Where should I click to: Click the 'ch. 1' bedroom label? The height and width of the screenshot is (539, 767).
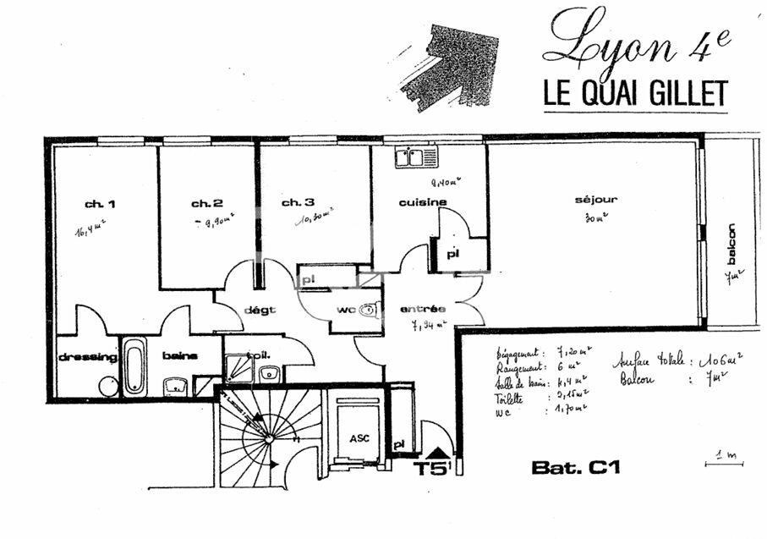pos(99,204)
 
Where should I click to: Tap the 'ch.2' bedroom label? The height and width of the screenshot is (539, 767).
pos(206,203)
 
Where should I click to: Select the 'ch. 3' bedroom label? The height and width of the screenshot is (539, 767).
pos(299,202)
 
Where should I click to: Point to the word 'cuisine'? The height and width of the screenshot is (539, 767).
pos(423,202)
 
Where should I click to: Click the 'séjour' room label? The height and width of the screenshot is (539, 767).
pos(596,200)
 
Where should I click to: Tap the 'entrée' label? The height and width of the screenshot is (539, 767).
pos(423,309)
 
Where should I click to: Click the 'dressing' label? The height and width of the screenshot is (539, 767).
pos(87,357)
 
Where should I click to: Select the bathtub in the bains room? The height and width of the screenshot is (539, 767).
pos(134,366)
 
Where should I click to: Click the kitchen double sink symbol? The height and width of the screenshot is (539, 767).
pos(416,157)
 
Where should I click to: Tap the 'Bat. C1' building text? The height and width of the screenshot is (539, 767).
pos(575,467)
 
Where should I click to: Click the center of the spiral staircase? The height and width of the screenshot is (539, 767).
pos(268,437)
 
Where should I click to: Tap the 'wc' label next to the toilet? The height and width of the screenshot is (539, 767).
pos(345,310)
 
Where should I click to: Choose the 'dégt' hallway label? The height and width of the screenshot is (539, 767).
pos(260,310)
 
